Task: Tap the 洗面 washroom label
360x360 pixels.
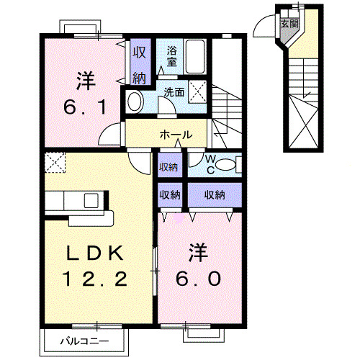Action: point(173,92)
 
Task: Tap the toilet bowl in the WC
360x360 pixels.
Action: point(225,166)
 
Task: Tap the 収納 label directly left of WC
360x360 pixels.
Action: point(170,167)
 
